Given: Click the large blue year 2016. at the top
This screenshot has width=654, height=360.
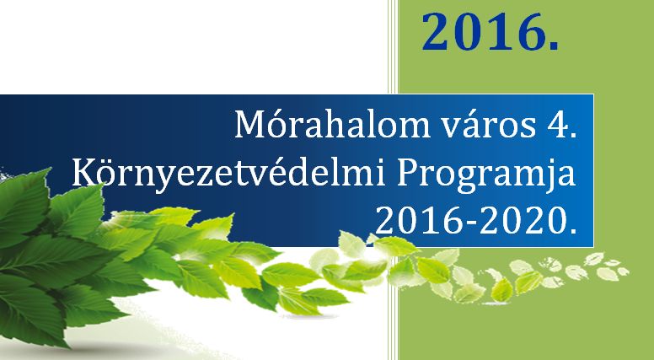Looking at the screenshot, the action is click(x=490, y=32).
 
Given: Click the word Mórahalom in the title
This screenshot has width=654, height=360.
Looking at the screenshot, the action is click(x=332, y=124).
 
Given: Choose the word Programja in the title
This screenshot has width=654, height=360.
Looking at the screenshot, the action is click(x=486, y=176).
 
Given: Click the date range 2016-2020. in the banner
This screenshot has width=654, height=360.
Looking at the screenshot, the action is click(x=476, y=220).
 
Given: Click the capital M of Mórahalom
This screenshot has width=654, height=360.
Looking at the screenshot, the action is click(x=251, y=125).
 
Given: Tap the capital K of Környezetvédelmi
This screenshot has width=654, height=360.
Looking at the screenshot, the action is click(x=85, y=173).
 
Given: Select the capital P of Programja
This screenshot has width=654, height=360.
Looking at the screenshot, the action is click(x=407, y=173).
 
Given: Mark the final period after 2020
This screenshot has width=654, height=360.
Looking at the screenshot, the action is click(x=573, y=231).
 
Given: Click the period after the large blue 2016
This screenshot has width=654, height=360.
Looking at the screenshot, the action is click(x=553, y=46).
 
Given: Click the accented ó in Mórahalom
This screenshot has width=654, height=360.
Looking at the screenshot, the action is click(x=278, y=124).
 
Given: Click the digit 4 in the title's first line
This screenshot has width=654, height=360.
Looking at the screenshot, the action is click(x=557, y=125).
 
